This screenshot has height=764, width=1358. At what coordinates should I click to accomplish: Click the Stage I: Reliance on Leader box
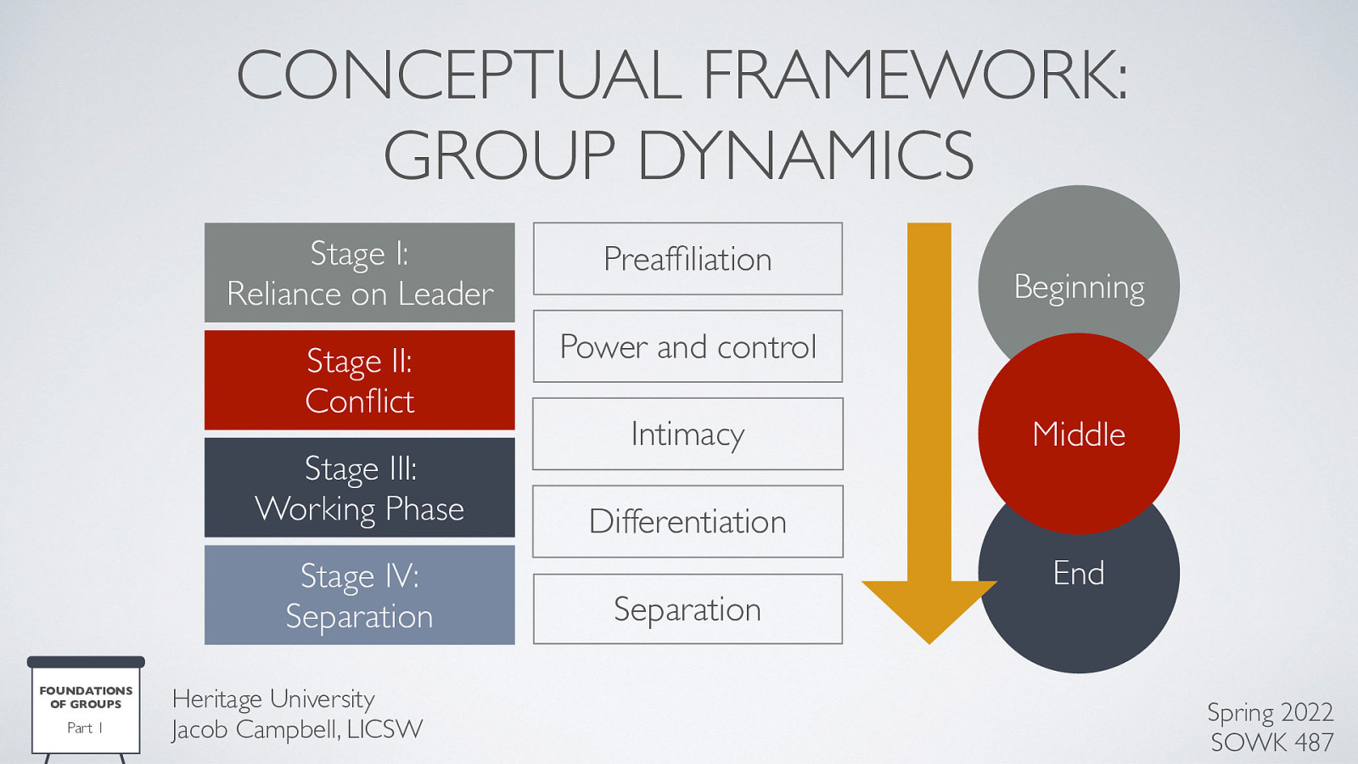coord(359,272)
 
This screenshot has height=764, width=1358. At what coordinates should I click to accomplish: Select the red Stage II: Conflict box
coord(359,380)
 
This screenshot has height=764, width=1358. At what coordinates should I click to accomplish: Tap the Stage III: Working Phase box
coord(359,488)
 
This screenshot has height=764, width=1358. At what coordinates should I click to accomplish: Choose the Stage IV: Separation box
coord(359,595)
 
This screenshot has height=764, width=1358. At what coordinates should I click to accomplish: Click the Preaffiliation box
coord(687,259)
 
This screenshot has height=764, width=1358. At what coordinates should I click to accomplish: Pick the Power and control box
coord(687,346)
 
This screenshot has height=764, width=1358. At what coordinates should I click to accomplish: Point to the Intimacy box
coord(687,434)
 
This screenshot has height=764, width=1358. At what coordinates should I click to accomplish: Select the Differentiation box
coord(687,521)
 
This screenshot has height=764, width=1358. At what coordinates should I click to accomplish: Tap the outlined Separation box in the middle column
coord(687,609)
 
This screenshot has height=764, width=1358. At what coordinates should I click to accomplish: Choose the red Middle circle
coord(1079,434)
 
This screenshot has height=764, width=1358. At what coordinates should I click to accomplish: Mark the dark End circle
coord(1079,603)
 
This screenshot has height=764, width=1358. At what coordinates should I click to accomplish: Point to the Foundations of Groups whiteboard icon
coord(86,708)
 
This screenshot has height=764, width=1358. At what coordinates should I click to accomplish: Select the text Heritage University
coord(272,699)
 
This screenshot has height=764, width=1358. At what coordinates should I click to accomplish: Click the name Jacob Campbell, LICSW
coord(296,729)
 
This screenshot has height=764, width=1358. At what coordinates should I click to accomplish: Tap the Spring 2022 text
coord(1270,711)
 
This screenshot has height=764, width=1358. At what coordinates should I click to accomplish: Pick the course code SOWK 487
coord(1271,742)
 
